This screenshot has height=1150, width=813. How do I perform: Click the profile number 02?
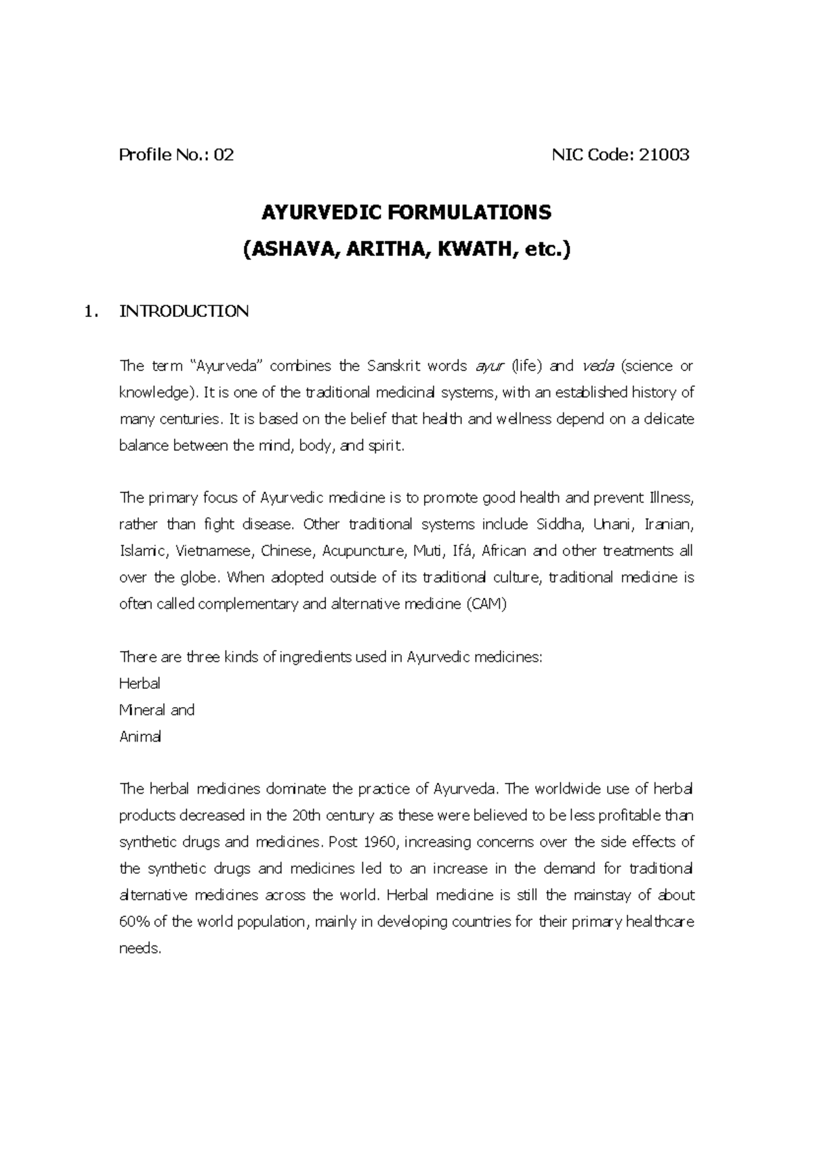[x=224, y=155]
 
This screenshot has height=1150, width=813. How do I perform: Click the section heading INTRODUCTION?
[x=184, y=312]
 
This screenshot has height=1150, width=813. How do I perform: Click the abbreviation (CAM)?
[x=486, y=605]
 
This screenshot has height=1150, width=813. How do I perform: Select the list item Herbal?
[x=140, y=684]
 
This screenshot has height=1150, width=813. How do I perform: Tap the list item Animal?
[x=140, y=737]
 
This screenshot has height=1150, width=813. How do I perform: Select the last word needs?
[x=140, y=949]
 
